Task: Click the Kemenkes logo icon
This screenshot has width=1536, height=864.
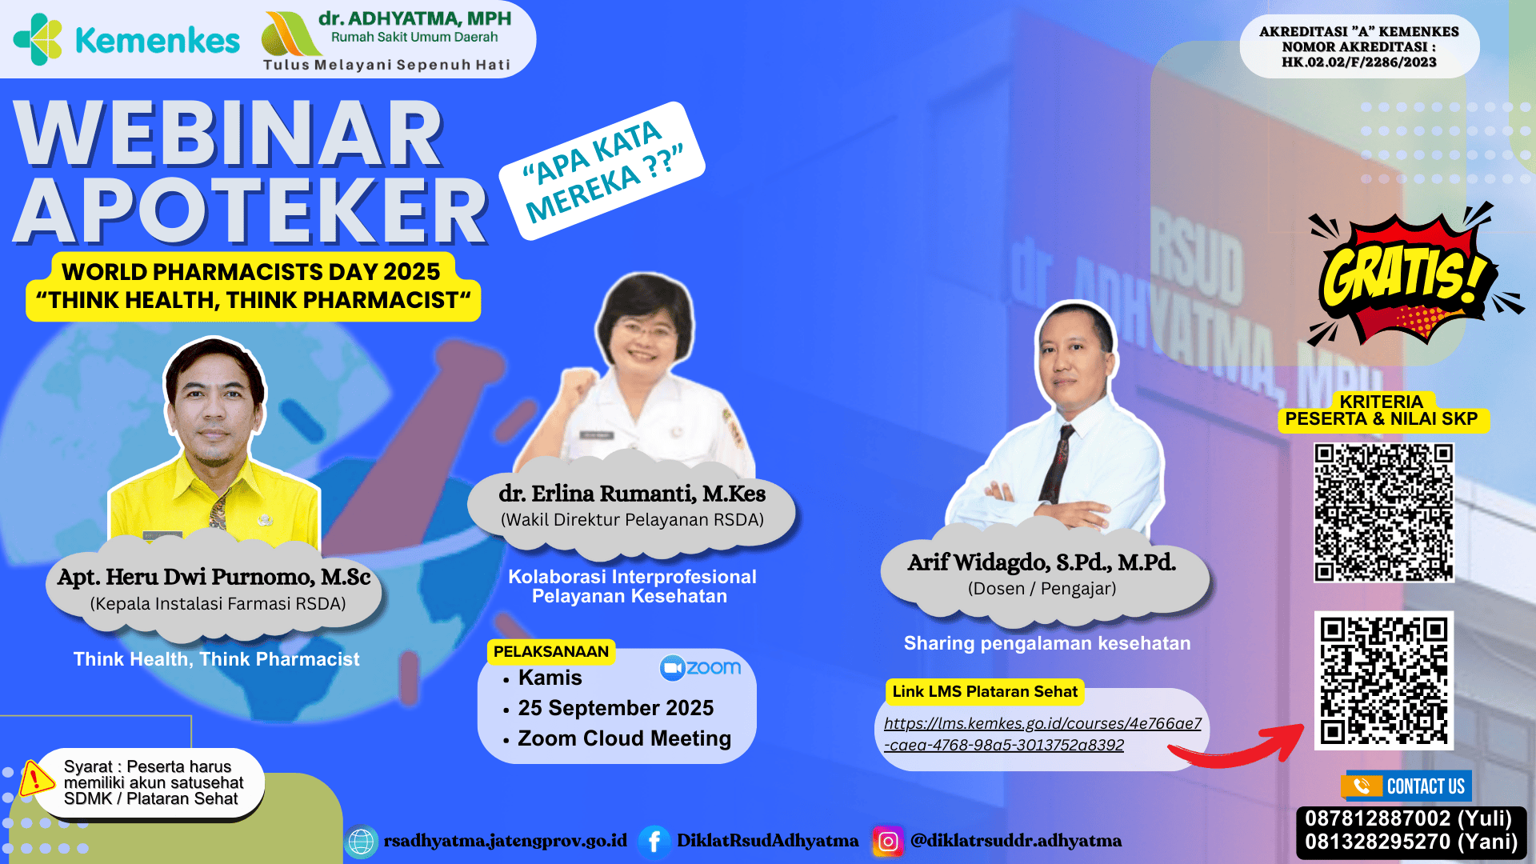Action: (x=38, y=39)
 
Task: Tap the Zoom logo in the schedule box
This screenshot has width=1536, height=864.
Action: (x=700, y=667)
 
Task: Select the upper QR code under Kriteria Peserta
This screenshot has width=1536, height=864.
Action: (x=1383, y=512)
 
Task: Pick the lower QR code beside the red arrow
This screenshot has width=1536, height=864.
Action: (x=1383, y=681)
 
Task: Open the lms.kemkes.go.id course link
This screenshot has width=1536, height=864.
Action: (x=1042, y=734)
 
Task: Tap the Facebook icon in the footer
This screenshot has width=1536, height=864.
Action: (x=654, y=841)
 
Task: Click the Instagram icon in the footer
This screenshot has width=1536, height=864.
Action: (x=888, y=841)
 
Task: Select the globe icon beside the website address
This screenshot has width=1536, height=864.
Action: (x=361, y=842)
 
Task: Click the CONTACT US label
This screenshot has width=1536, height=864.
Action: (x=1426, y=786)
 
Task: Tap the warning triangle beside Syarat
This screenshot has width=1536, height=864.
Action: (x=35, y=778)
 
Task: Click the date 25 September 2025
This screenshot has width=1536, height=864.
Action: (x=615, y=708)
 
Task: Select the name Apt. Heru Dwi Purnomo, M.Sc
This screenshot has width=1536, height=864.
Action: (x=214, y=577)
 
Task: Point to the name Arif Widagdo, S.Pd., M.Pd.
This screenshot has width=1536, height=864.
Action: (x=1042, y=562)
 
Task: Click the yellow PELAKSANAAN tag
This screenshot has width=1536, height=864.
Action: (x=551, y=651)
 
